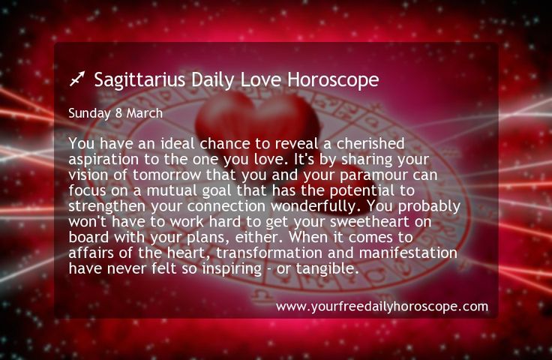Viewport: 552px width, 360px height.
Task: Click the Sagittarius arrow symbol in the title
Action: (x=77, y=79)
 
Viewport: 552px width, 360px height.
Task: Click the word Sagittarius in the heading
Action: (x=139, y=80)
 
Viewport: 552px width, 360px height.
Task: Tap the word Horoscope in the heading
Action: (x=333, y=80)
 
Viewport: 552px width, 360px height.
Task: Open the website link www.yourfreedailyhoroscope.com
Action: (x=382, y=307)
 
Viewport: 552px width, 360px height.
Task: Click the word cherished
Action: (x=370, y=143)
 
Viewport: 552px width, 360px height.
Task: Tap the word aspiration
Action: (x=103, y=160)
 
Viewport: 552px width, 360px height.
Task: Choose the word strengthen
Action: (x=107, y=206)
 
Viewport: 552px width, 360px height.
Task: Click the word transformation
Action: (x=269, y=253)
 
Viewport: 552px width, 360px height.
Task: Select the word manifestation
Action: (x=408, y=253)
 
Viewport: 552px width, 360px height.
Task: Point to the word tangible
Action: (x=328, y=268)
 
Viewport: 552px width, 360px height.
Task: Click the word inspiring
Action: (x=232, y=269)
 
